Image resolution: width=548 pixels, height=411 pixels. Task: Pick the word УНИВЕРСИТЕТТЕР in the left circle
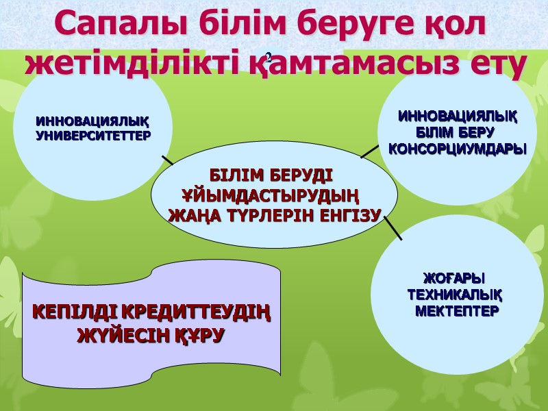pos(92,136)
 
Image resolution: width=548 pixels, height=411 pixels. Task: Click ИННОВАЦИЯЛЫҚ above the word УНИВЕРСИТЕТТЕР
pos(92,122)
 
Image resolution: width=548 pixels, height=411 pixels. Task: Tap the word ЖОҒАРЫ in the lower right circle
pos(453,279)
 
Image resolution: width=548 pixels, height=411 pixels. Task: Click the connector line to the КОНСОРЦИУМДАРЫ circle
pos(369,150)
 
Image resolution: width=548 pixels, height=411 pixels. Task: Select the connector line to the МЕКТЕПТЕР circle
pos(393,228)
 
